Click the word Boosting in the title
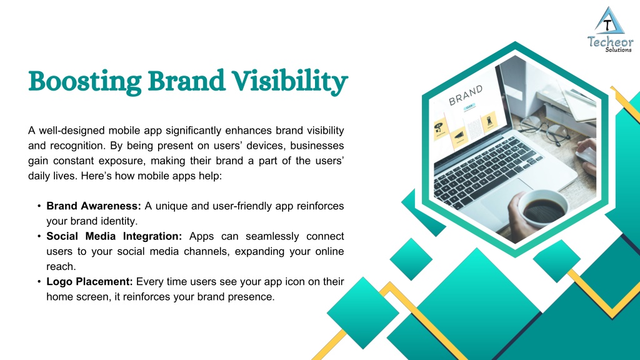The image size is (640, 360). coord(85,82)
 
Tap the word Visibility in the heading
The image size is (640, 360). coord(290,82)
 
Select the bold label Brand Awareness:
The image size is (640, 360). coord(94,206)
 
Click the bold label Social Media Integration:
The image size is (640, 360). coord(114,236)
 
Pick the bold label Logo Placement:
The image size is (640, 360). coord(89,282)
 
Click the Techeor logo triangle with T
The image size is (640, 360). coord(609,21)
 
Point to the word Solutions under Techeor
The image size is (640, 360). coord(618,50)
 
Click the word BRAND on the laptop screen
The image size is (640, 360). coord(466,96)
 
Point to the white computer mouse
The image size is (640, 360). coord(586,156)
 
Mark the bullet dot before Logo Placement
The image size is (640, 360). coord(39,282)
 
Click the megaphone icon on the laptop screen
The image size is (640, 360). coord(459,136)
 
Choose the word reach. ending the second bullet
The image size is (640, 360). coord(61,267)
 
